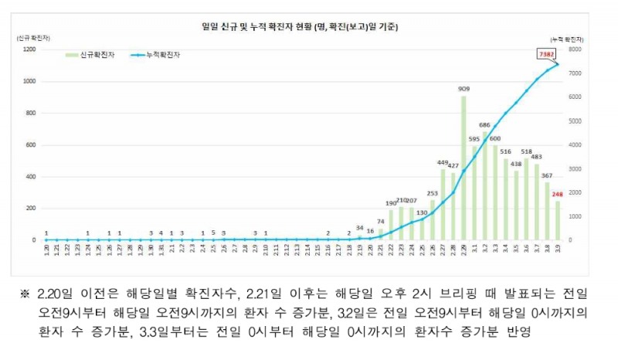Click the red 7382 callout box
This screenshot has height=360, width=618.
tap(547, 54)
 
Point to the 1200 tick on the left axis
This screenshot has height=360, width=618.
tap(29, 49)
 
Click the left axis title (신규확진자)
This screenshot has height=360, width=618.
tap(29, 36)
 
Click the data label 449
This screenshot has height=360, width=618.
tap(443, 163)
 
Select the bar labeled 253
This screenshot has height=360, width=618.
tap(433, 220)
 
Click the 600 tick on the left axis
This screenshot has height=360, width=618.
tap(32, 144)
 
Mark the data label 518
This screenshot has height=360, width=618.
tap(527, 152)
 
